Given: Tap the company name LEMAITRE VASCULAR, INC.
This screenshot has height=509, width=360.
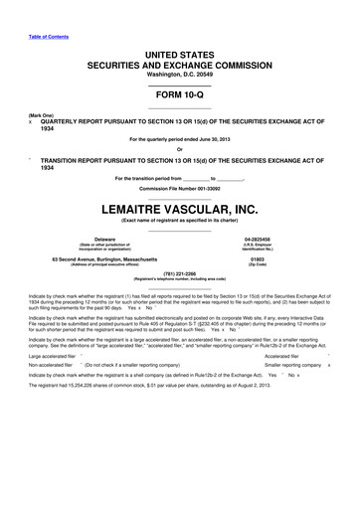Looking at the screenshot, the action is click(180, 208).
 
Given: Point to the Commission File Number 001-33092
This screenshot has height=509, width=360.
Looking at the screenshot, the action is click(180, 188).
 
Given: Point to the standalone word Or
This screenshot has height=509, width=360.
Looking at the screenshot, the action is click(180, 150).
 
